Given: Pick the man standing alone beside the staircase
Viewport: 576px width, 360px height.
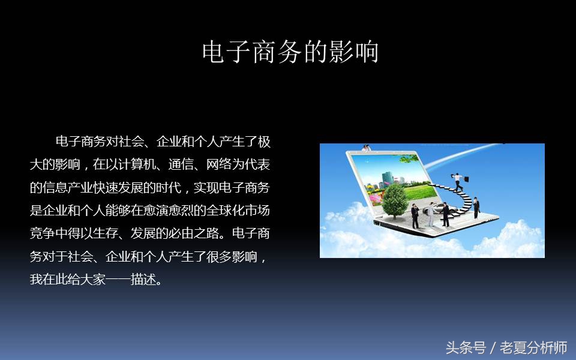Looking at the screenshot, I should tap(476, 208).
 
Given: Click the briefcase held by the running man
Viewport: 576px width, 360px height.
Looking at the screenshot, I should tap(466, 178).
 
